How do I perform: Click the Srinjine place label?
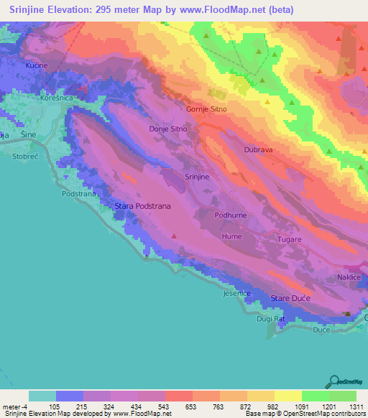[x=198, y=176]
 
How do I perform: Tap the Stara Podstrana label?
[x=143, y=206]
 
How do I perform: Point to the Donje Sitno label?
[x=167, y=129]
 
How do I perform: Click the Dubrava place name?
[x=259, y=150]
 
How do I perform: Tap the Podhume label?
[x=231, y=215]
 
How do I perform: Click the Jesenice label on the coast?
[x=236, y=294]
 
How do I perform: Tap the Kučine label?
[x=37, y=65]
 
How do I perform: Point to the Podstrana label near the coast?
[x=80, y=193]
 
